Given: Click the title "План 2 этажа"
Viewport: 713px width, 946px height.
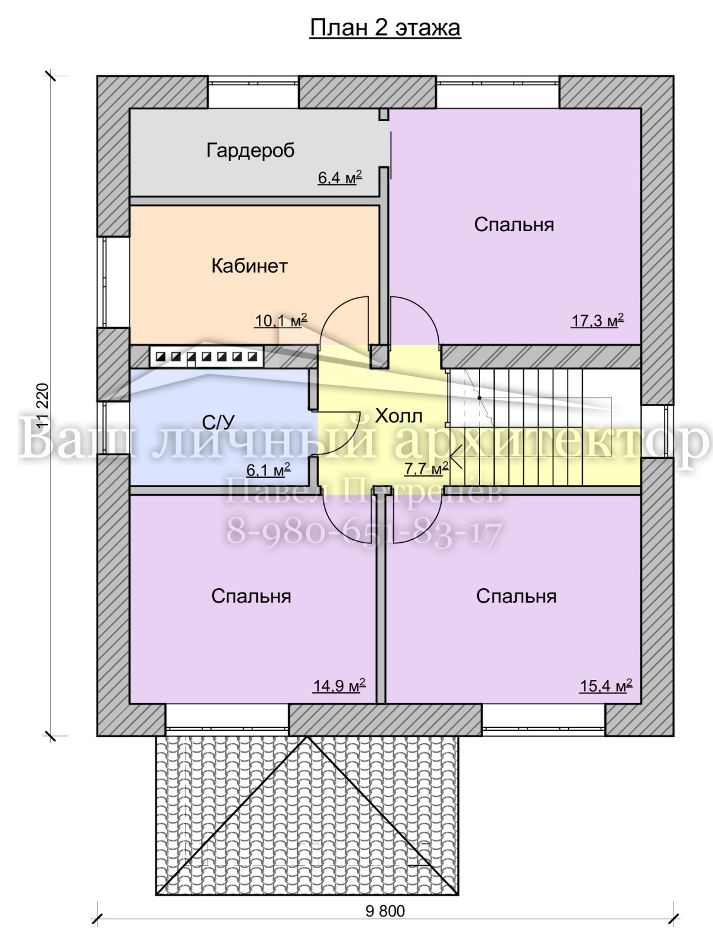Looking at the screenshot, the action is (x=385, y=28).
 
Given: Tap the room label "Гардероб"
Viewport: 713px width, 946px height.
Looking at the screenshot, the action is (x=250, y=151).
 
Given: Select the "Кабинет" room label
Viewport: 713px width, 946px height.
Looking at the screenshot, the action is (x=249, y=266).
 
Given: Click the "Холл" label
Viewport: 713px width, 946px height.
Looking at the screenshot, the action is (x=398, y=416).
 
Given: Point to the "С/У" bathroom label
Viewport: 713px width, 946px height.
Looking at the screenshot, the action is (x=218, y=423).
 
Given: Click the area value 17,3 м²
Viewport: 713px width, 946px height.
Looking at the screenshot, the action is (x=598, y=320).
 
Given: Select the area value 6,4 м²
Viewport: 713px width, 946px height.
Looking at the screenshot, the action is (x=340, y=177).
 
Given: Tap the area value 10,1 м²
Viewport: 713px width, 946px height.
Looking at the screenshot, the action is (x=281, y=320).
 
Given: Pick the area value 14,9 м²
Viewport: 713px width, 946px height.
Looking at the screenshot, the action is (x=339, y=685).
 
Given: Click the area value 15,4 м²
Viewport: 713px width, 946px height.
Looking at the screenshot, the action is (x=606, y=685).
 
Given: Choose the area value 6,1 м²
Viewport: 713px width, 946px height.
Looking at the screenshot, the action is (x=268, y=470).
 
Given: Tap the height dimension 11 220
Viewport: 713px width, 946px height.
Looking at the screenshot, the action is (x=44, y=406).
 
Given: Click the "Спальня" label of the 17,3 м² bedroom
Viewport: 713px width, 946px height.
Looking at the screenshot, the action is (x=514, y=225).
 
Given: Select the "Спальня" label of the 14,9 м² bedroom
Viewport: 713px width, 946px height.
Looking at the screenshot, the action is (x=251, y=597).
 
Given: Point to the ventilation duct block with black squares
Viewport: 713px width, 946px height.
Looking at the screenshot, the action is (x=207, y=357).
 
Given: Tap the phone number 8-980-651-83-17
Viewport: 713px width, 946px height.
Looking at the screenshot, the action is (x=364, y=533).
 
